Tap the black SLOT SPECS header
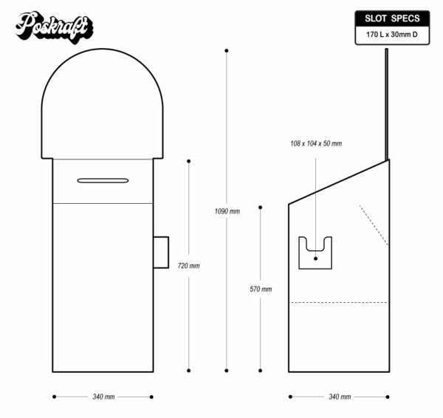pyautogui.click(x=391, y=18)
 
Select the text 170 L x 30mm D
pyautogui.click(x=391, y=35)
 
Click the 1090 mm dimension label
pyautogui.click(x=227, y=211)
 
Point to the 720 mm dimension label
pyautogui.click(x=190, y=265)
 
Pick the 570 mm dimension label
pyautogui.click(x=261, y=289)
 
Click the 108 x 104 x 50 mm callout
pyautogui.click(x=317, y=143)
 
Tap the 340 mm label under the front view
pyautogui.click(x=103, y=397)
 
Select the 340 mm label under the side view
pyautogui.click(x=340, y=397)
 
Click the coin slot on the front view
pyautogui.click(x=103, y=179)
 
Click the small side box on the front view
pyautogui.click(x=161, y=251)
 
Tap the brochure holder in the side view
pyautogui.click(x=316, y=253)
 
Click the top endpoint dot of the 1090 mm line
pyautogui.click(x=227, y=51)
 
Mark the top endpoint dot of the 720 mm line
pyautogui.click(x=190, y=160)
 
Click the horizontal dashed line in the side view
pyautogui.click(x=339, y=303)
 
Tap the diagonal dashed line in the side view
pyautogui.click(x=374, y=225)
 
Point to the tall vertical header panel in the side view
pyautogui.click(x=385, y=104)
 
